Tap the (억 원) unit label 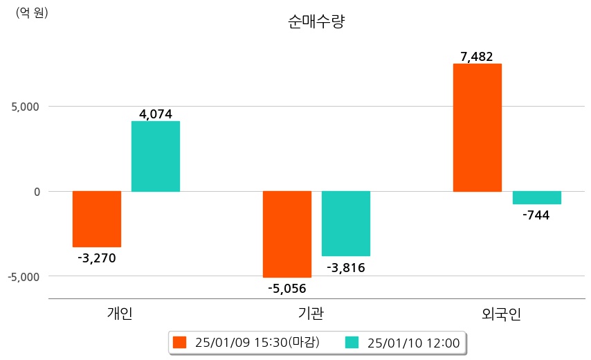pyautogui.click(x=32, y=12)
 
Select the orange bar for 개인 pyautogui.click(x=97, y=219)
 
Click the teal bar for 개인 pyautogui.click(x=156, y=156)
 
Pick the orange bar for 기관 pyautogui.click(x=287, y=234)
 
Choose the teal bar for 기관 pyautogui.click(x=346, y=224)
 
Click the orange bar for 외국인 pyautogui.click(x=478, y=127)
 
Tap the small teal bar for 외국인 pyautogui.click(x=537, y=197)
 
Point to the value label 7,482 pyautogui.click(x=477, y=57)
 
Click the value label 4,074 pyautogui.click(x=156, y=114)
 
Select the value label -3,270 pyautogui.click(x=97, y=258)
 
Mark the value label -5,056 pyautogui.click(x=287, y=289)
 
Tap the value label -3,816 pyautogui.click(x=346, y=268)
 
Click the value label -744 pyautogui.click(x=536, y=215)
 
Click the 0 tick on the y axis pyautogui.click(x=37, y=191)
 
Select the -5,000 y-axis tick pyautogui.click(x=24, y=276)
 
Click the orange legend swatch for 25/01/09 pyautogui.click(x=180, y=342)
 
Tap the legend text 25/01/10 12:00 pyautogui.click(x=414, y=343)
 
